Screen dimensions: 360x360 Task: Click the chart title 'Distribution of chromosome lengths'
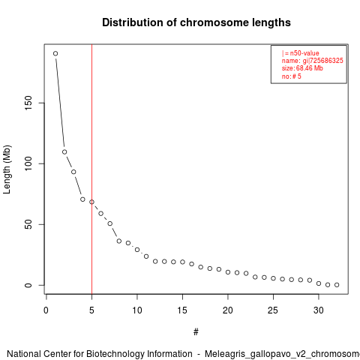point(196,22)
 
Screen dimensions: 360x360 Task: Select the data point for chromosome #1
point(55,53)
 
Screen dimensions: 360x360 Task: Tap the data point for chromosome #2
point(64,152)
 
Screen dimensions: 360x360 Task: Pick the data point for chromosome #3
point(73,172)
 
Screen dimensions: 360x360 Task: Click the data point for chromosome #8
point(119,241)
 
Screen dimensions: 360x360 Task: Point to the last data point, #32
point(337,285)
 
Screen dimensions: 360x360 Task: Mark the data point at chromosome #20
point(228,272)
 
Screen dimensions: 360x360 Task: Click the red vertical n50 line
point(91,169)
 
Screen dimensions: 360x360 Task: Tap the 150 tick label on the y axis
point(28,103)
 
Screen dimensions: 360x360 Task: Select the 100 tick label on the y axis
point(28,163)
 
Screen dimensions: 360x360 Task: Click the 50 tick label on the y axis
point(28,224)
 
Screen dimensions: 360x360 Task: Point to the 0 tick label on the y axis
point(28,285)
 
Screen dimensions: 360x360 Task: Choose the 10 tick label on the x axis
point(137,310)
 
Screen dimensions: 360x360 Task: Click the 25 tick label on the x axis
point(273,310)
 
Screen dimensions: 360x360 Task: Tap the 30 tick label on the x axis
point(319,310)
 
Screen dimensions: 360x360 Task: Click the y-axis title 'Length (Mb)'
point(7,169)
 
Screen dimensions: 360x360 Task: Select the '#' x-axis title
point(196,332)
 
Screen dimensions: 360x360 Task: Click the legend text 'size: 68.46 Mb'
point(302,68)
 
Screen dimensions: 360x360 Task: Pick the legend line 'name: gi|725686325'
point(312,61)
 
